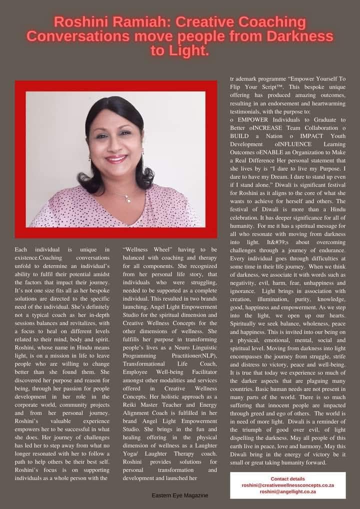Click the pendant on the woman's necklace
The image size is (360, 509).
pyautogui.click(x=127, y=199)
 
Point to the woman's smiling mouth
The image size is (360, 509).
pyautogui.click(x=116, y=159)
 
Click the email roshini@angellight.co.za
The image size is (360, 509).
pyautogui.click(x=287, y=492)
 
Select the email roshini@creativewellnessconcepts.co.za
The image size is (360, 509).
pyautogui.click(x=287, y=485)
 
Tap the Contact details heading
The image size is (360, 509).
pyautogui.click(x=287, y=478)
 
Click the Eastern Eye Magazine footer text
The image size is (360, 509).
pyautogui.click(x=180, y=495)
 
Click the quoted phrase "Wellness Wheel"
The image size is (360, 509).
pyautogui.click(x=150, y=249)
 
